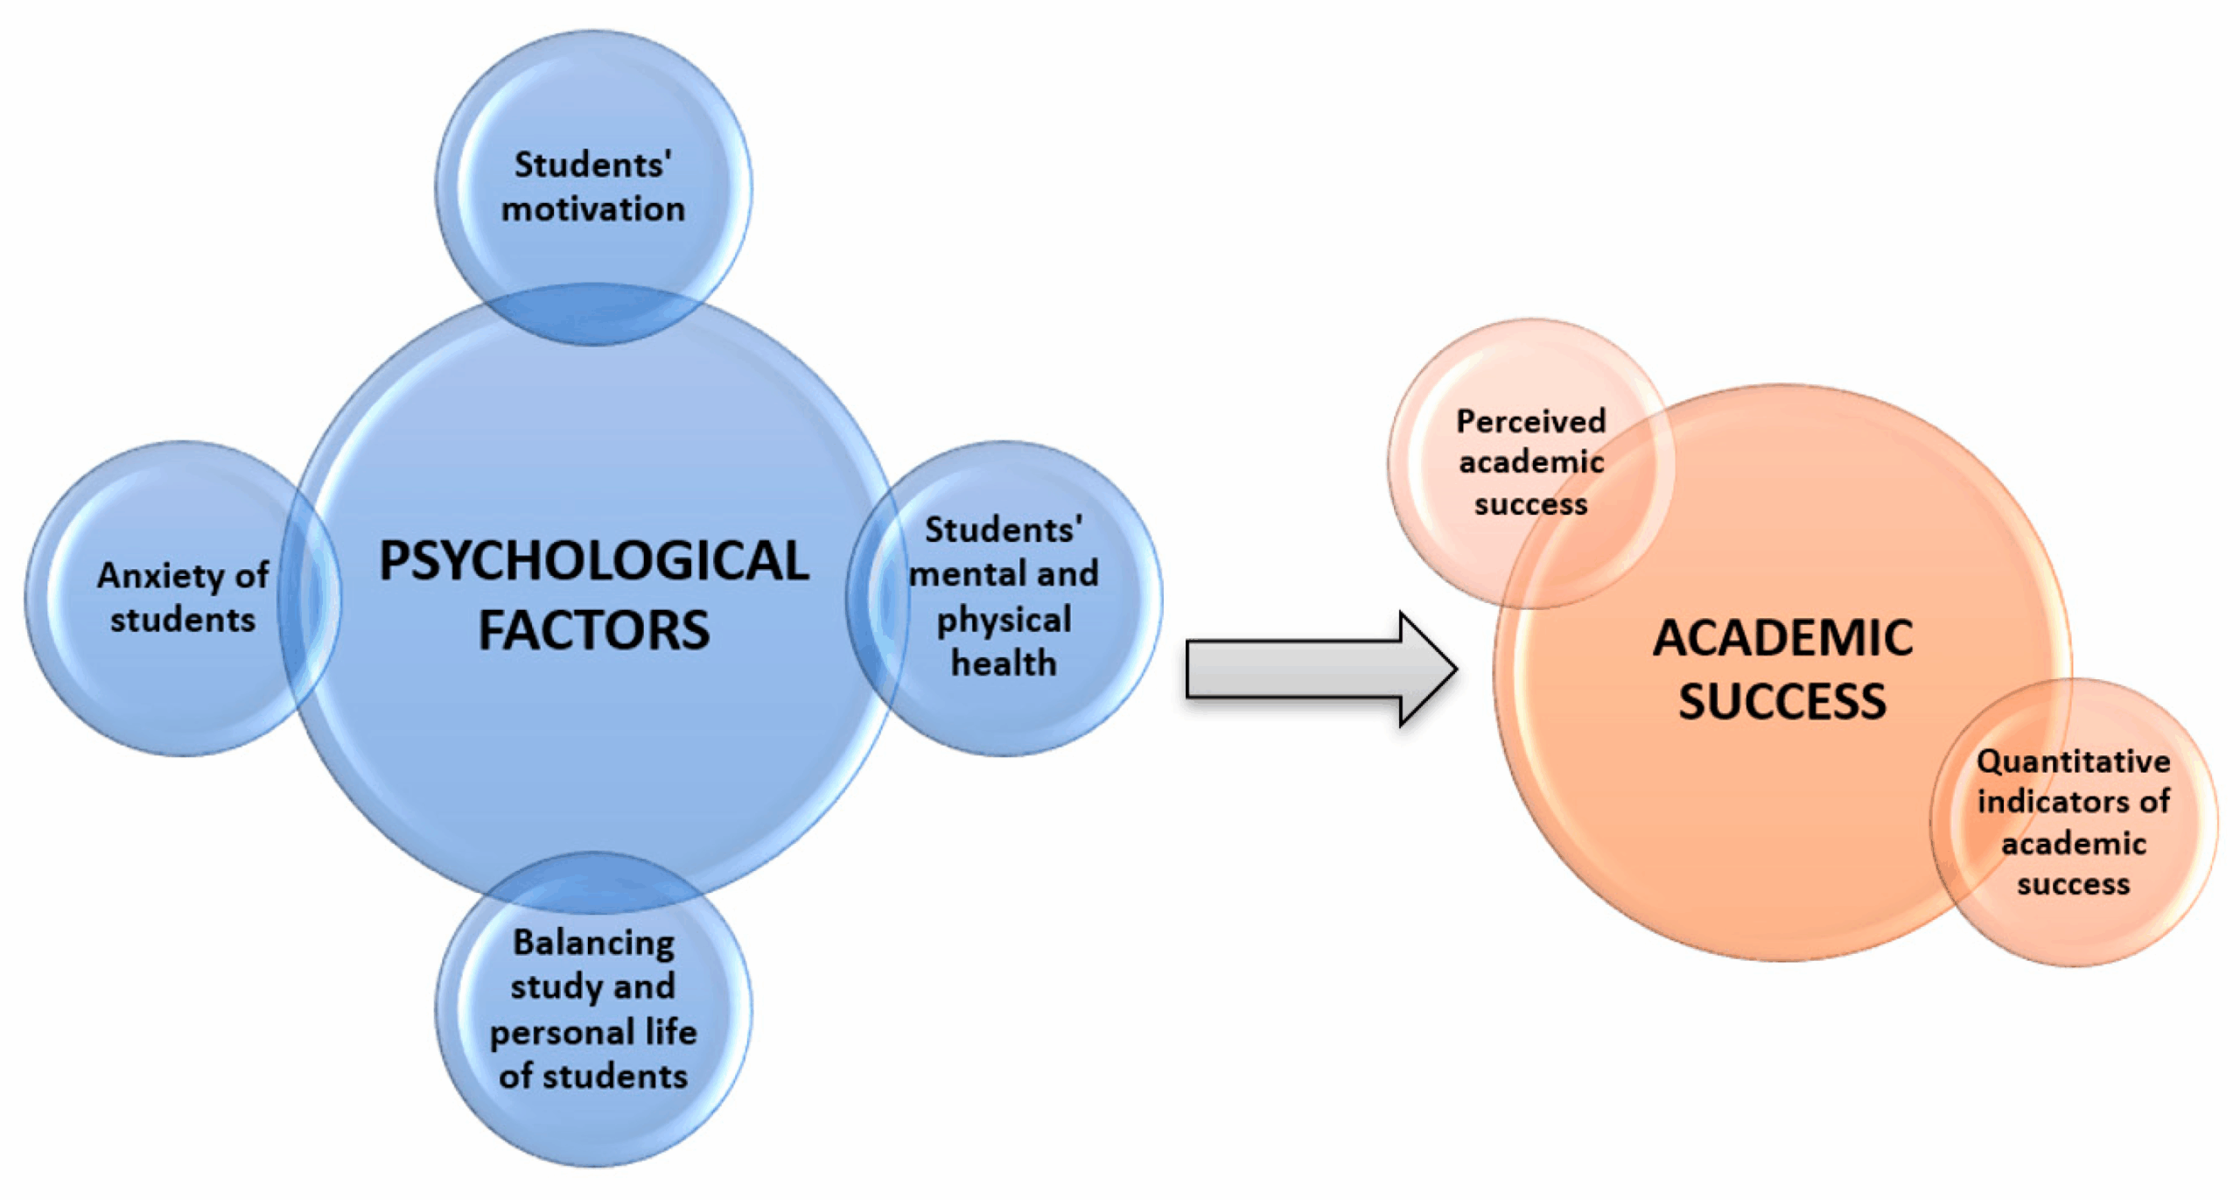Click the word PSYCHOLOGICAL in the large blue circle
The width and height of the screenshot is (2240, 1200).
593,561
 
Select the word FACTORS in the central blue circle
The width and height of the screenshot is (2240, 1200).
593,630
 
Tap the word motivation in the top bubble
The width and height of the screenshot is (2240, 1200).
593,210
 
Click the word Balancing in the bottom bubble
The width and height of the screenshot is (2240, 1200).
593,944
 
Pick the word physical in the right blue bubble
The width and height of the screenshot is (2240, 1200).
1004,620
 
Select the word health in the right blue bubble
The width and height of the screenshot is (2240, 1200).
1004,663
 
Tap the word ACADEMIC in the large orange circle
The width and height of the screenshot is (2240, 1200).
1782,637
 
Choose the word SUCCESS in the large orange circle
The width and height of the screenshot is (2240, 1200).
1782,702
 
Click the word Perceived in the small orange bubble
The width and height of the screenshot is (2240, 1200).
1530,422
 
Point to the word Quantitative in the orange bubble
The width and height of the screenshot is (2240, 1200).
2073,761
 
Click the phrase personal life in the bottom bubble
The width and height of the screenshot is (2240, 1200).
593,1033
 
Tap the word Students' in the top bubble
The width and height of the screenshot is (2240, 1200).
593,165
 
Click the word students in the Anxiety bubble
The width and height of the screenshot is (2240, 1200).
182,621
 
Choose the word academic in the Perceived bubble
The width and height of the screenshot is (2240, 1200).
1530,462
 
